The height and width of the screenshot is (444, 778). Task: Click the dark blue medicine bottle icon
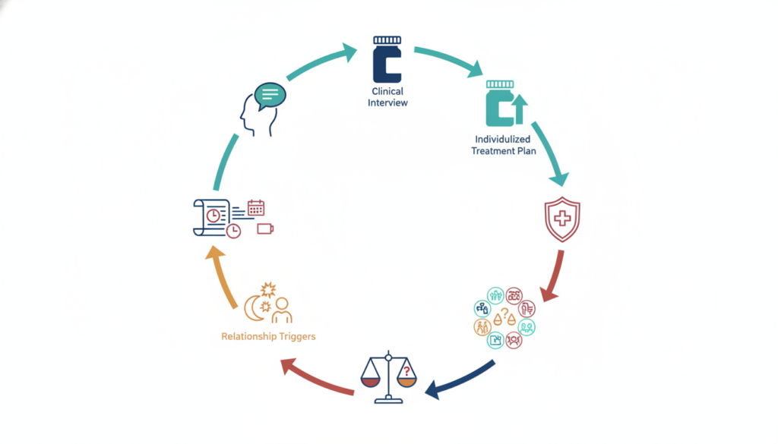[x=387, y=59]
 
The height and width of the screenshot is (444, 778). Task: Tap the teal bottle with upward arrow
[x=505, y=103]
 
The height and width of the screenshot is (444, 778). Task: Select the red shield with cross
[x=562, y=219]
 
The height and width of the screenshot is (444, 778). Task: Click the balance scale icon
[x=388, y=377]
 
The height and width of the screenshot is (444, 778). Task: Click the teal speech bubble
[x=270, y=95]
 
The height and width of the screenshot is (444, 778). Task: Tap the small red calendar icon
[x=256, y=208]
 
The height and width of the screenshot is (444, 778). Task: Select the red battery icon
[x=265, y=228]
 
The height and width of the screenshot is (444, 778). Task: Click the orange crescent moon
[x=253, y=308]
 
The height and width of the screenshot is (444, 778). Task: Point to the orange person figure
[x=282, y=310]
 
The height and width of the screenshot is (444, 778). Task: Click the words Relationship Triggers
[x=268, y=336]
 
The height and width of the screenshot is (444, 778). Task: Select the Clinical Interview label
[x=387, y=97]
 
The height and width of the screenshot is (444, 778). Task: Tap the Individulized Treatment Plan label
[x=503, y=145]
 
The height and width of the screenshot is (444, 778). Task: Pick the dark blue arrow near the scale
[x=459, y=380]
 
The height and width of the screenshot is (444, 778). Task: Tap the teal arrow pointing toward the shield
[x=550, y=153]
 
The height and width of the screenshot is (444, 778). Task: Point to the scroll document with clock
[x=212, y=218]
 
